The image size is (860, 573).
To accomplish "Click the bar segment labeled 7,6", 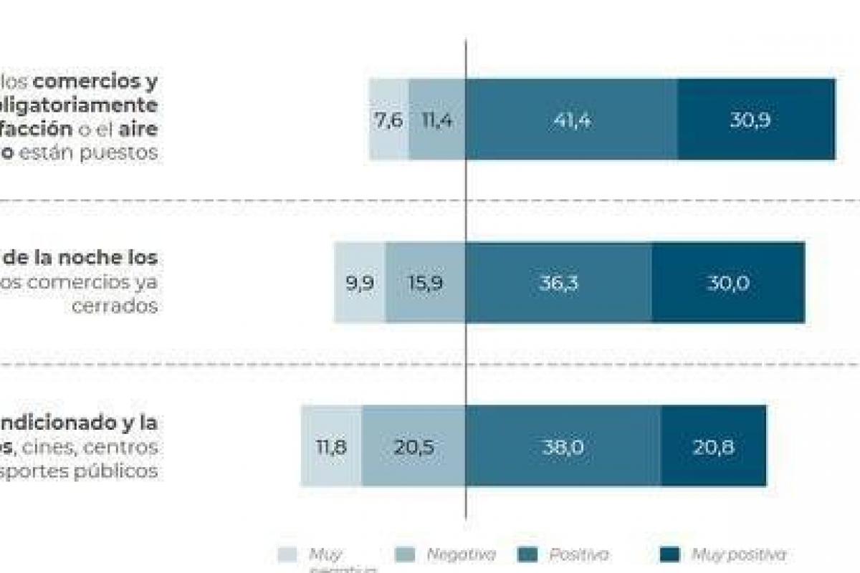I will pos(388,120).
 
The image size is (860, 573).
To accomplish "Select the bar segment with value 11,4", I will pos(436,120).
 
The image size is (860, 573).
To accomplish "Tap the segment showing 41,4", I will pos(571,120).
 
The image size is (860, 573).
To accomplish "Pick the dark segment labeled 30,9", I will pos(756,120).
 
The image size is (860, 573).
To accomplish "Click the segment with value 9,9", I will pos(360,283).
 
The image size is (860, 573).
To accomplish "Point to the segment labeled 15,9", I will pos(425,283).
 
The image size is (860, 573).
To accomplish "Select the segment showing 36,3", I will pos(558,283).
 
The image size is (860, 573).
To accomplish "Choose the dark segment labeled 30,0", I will pos(728,283).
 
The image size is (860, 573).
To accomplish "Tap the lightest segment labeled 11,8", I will pos(331,446).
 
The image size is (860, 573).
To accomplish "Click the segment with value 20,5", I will pos(414,446).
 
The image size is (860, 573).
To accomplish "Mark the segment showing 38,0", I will pos(563,446).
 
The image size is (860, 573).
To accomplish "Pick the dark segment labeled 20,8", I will pos(713,446).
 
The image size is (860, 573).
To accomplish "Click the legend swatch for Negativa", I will pos(405,554).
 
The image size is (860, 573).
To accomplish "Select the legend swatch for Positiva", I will pos(527,554).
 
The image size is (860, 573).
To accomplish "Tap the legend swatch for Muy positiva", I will pos(669,554).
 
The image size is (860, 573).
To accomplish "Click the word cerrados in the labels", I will pos(116,305).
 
